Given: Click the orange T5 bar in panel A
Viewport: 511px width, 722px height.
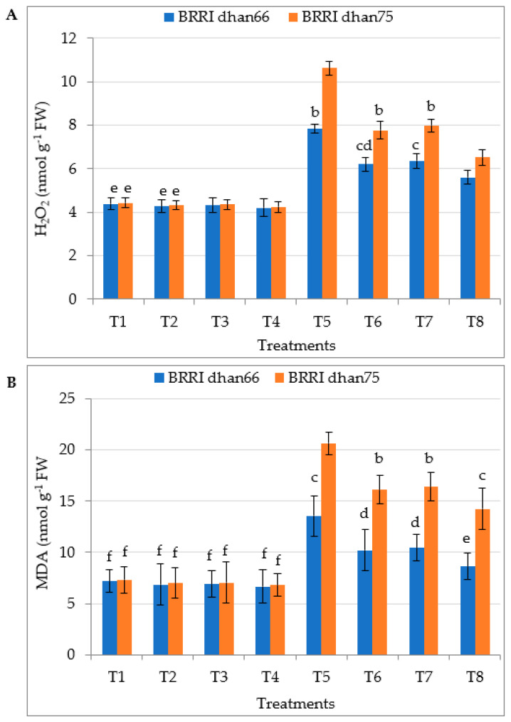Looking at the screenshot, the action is click(x=330, y=184).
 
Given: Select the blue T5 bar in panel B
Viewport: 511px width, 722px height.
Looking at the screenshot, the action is click(x=314, y=585).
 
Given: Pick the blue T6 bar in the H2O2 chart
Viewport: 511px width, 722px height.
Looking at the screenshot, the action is click(x=366, y=231).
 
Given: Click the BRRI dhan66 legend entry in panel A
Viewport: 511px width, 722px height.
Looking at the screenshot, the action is click(x=217, y=18).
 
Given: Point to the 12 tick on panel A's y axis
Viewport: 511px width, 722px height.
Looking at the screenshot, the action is click(x=69, y=38).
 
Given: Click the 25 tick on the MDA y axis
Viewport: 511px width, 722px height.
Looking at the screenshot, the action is click(x=70, y=398).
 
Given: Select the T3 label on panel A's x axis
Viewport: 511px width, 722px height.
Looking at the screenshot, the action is click(x=220, y=321).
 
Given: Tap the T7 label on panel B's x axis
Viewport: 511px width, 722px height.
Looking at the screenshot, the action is click(x=424, y=677).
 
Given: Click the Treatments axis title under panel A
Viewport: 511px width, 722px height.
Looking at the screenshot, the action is click(x=296, y=345).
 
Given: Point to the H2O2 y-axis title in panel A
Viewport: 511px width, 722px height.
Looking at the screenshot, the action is click(x=43, y=169).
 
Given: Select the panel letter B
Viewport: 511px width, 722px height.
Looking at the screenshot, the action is click(x=12, y=383).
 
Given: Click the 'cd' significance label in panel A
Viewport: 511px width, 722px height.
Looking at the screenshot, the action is click(x=364, y=147).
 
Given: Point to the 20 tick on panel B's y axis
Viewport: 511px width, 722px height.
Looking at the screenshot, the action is click(x=70, y=450).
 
